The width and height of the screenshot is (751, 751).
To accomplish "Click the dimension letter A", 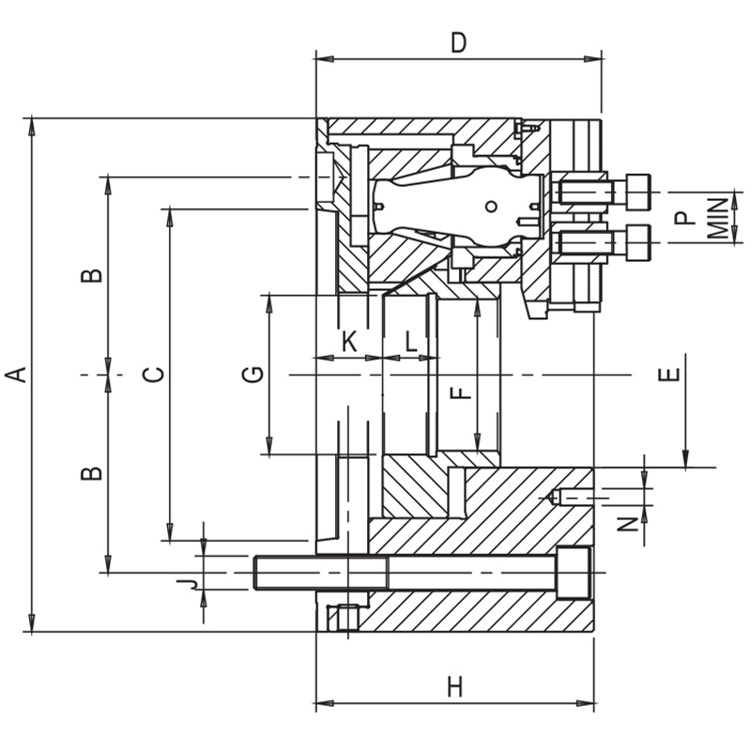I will (15, 375).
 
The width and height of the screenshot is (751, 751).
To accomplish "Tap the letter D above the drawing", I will (458, 42).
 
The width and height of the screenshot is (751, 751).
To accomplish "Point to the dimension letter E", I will (668, 375).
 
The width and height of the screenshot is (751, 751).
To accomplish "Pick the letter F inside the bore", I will (461, 387).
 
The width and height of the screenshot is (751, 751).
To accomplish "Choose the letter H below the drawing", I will (455, 688).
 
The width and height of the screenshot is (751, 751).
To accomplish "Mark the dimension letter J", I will (188, 584).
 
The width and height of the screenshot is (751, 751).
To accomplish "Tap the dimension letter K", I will (348, 342).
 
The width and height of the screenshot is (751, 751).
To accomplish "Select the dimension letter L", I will (410, 342).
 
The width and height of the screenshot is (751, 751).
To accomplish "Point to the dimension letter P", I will (685, 218).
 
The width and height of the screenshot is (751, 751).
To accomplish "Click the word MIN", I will (718, 218).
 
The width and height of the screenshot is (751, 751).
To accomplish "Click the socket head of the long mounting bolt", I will (574, 573).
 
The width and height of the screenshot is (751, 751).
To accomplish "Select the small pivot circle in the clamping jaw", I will (490, 207).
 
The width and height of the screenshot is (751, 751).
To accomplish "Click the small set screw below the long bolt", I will (345, 619).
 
